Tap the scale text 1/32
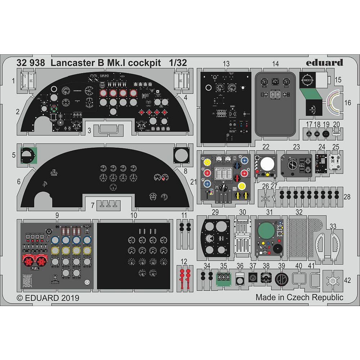click(178, 63)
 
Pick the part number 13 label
click(226, 64)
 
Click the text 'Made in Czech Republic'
click(299, 297)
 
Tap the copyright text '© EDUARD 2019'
click(48, 298)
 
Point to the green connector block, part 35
click(223, 278)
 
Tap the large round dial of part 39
click(281, 279)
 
